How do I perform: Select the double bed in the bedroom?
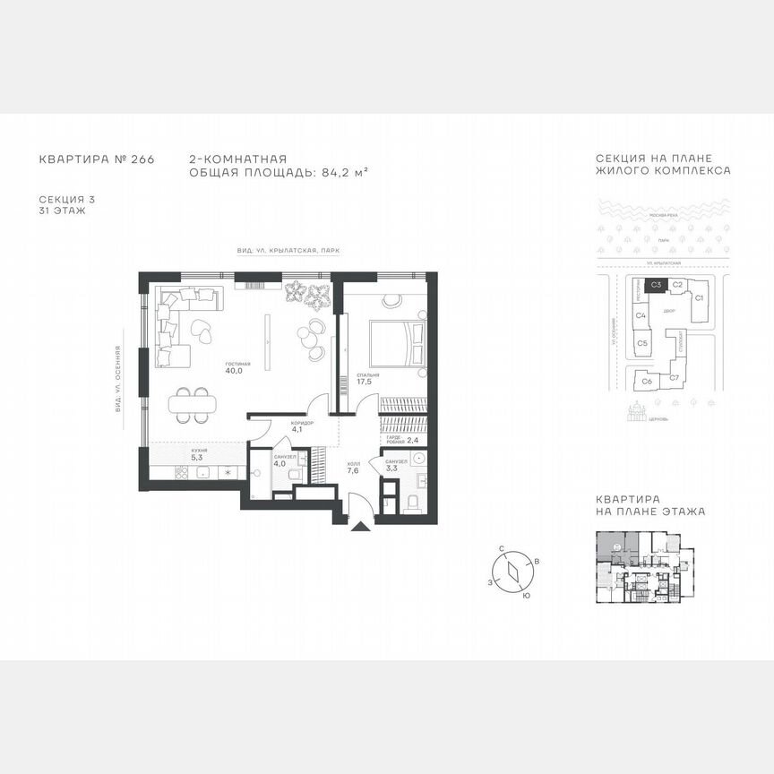[391, 341]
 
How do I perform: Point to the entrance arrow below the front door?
[361, 528]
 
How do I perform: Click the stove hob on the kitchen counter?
[182, 474]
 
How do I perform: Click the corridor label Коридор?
[302, 423]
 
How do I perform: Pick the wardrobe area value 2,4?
[412, 440]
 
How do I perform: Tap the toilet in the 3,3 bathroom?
[412, 504]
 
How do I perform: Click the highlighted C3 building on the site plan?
[656, 285]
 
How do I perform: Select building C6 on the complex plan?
[647, 381]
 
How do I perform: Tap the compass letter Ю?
[525, 595]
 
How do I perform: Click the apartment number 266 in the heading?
[143, 159]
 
